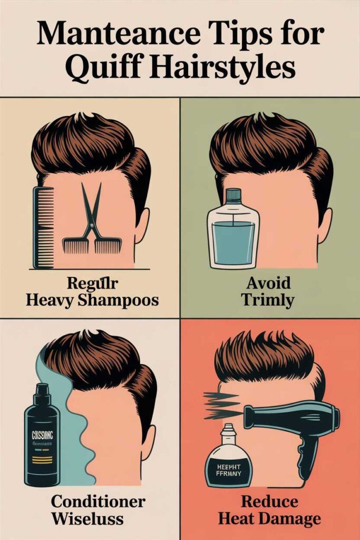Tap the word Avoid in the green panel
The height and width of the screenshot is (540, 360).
[269, 283]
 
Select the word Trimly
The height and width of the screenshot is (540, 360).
[269, 301]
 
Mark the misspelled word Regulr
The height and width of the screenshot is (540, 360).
[87, 283]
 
